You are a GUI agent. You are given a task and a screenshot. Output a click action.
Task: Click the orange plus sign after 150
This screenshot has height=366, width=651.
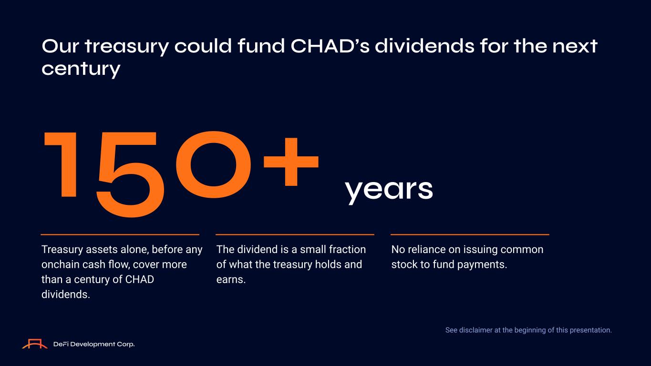(291, 162)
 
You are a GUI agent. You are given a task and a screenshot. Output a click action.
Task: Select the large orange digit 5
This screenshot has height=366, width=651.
(130, 174)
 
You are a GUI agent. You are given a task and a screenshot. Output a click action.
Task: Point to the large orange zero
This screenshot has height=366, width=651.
(214, 165)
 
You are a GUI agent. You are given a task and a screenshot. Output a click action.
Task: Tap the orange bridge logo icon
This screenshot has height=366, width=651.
(35, 344)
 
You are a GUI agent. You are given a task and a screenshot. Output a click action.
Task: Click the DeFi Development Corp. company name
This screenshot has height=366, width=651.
(94, 344)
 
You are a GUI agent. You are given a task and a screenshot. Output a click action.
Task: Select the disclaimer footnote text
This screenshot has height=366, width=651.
(528, 330)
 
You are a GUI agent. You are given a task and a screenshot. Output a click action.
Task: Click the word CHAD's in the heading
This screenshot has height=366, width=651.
(330, 46)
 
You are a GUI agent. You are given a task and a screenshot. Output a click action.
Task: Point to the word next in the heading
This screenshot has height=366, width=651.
(575, 47)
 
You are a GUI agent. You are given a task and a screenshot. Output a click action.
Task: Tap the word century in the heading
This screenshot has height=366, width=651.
(81, 70)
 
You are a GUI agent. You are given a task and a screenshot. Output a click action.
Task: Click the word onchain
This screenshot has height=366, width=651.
(60, 264)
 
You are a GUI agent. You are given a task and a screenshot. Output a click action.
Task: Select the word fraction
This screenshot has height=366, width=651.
(347, 249)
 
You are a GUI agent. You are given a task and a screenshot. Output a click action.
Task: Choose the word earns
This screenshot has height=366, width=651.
(231, 279)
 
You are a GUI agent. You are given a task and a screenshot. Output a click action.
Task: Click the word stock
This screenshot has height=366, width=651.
(404, 264)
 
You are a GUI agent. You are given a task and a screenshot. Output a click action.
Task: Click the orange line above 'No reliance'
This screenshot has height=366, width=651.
(470, 234)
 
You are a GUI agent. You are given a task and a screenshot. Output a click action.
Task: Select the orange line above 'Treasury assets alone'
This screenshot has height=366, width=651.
(120, 234)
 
